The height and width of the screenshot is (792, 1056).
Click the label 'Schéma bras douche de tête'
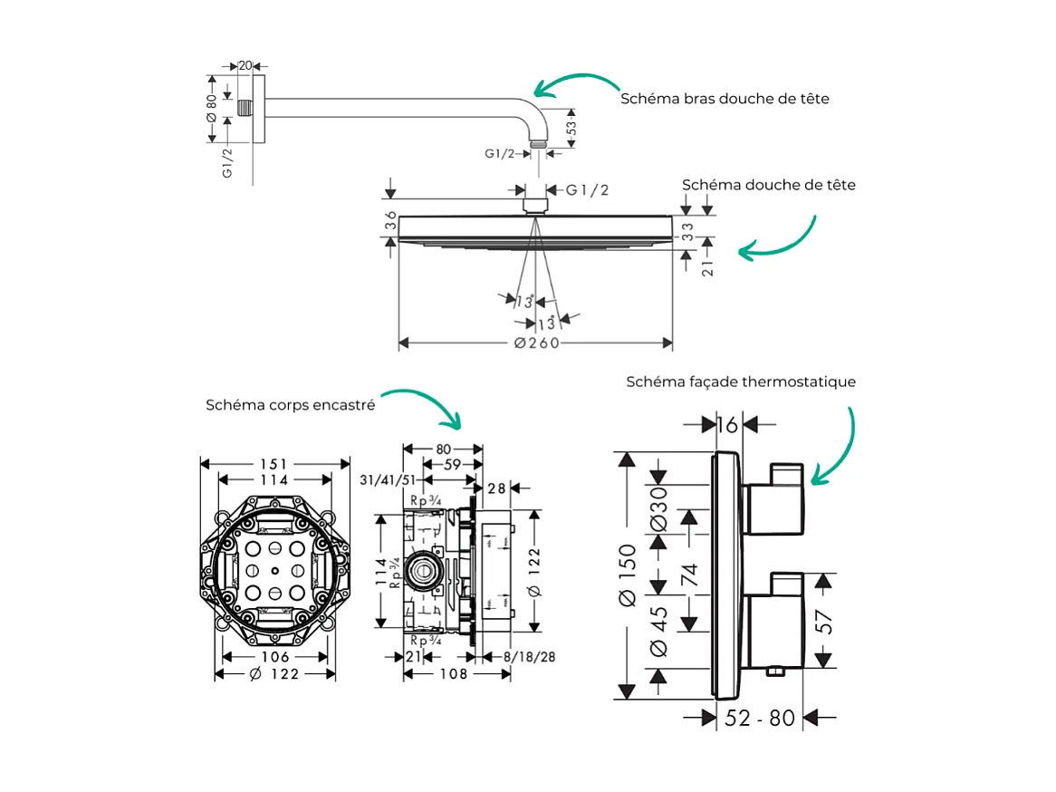point(725,98)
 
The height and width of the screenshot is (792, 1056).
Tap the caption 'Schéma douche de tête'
point(768,185)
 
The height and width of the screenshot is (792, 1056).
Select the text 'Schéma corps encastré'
point(290,405)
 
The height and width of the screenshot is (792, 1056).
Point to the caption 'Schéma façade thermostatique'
point(741,382)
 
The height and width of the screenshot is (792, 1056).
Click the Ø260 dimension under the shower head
point(536,343)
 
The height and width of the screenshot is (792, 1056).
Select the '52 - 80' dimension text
point(760,718)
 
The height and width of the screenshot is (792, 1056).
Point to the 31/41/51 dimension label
point(388,479)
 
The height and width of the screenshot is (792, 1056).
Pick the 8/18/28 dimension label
point(530,657)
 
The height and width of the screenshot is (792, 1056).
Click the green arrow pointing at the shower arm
point(574,84)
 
